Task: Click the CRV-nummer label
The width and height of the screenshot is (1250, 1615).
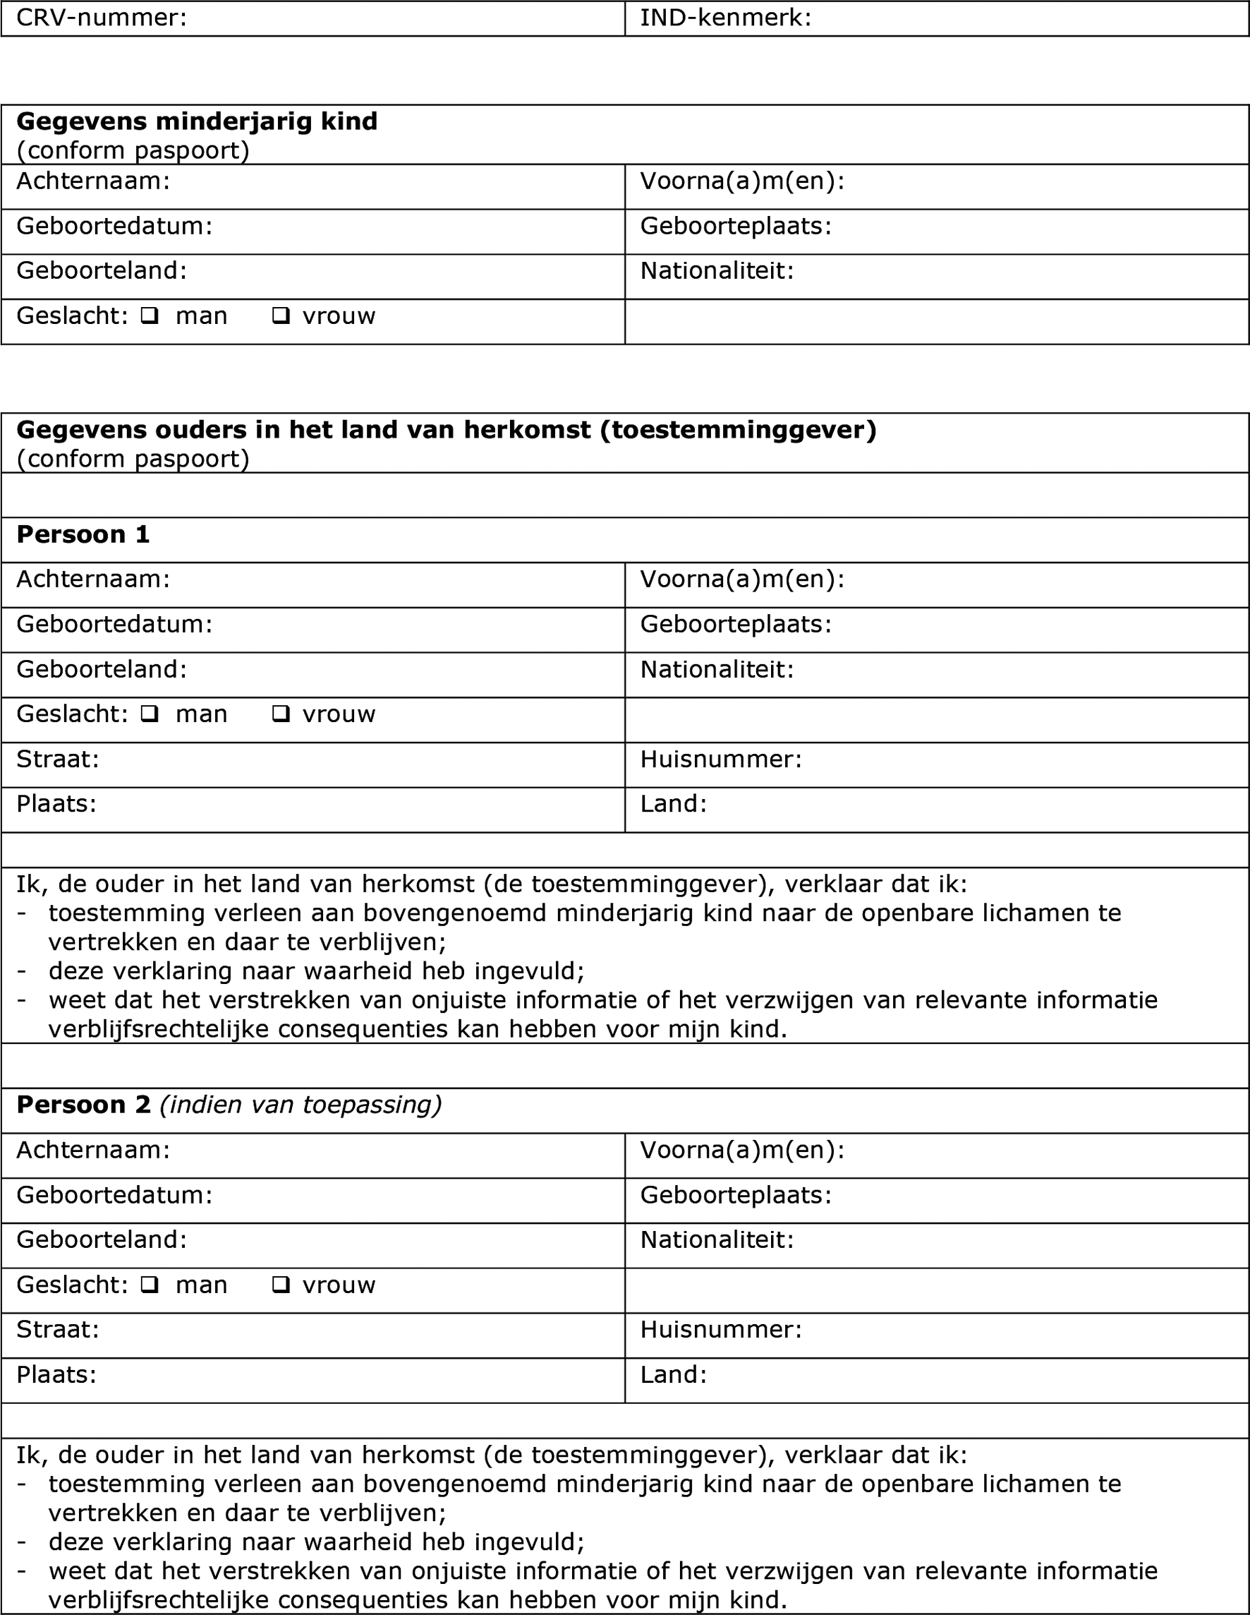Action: coord(102,18)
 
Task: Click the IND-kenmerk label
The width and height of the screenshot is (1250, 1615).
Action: coord(725,18)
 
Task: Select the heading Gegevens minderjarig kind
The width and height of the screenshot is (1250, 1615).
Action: coord(197,121)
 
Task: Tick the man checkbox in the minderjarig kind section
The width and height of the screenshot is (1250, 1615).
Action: coord(150,316)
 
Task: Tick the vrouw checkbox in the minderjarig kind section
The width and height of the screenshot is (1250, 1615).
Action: coord(281,316)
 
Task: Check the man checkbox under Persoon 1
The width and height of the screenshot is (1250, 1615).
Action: coord(150,714)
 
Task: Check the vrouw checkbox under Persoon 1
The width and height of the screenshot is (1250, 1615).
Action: coord(281,714)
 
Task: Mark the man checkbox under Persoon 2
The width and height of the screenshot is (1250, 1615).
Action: coord(150,1285)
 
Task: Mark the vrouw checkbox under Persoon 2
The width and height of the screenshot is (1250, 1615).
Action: coord(281,1285)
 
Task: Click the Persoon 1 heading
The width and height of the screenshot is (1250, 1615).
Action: coord(83,534)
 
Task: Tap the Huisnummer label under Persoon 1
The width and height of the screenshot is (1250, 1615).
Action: coord(721,760)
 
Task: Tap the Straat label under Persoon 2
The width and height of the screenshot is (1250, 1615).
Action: coord(58,1330)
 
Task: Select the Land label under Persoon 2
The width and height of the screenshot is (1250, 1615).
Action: coord(674,1375)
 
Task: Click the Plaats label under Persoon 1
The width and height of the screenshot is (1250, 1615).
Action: coord(56,804)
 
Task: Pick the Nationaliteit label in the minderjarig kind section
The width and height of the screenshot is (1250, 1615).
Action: coord(716,271)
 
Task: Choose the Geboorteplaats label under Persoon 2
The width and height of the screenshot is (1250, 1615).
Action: coord(736,1195)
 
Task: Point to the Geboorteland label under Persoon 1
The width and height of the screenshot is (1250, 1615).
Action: coord(102,669)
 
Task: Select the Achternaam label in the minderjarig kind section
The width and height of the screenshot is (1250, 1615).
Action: coord(93,181)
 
